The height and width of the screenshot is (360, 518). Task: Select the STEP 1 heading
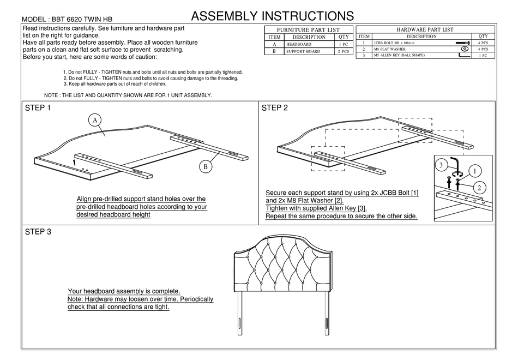pos(38,108)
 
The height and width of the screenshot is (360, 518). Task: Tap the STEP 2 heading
pos(275,108)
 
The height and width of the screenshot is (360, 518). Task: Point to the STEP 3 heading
pos(38,232)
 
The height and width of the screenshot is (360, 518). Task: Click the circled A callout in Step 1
pos(94,119)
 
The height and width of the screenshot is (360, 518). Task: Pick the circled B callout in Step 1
pos(206,167)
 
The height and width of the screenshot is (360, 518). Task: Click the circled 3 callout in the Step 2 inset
pos(441,165)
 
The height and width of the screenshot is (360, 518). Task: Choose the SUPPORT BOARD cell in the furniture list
pos(305,52)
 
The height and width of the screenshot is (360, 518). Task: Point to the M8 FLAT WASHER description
pos(390,49)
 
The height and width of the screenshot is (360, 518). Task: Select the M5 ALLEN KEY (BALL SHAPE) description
pos(399,56)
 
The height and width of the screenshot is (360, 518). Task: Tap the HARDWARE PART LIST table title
pos(425,29)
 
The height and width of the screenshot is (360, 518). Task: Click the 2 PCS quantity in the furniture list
pos(344,52)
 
